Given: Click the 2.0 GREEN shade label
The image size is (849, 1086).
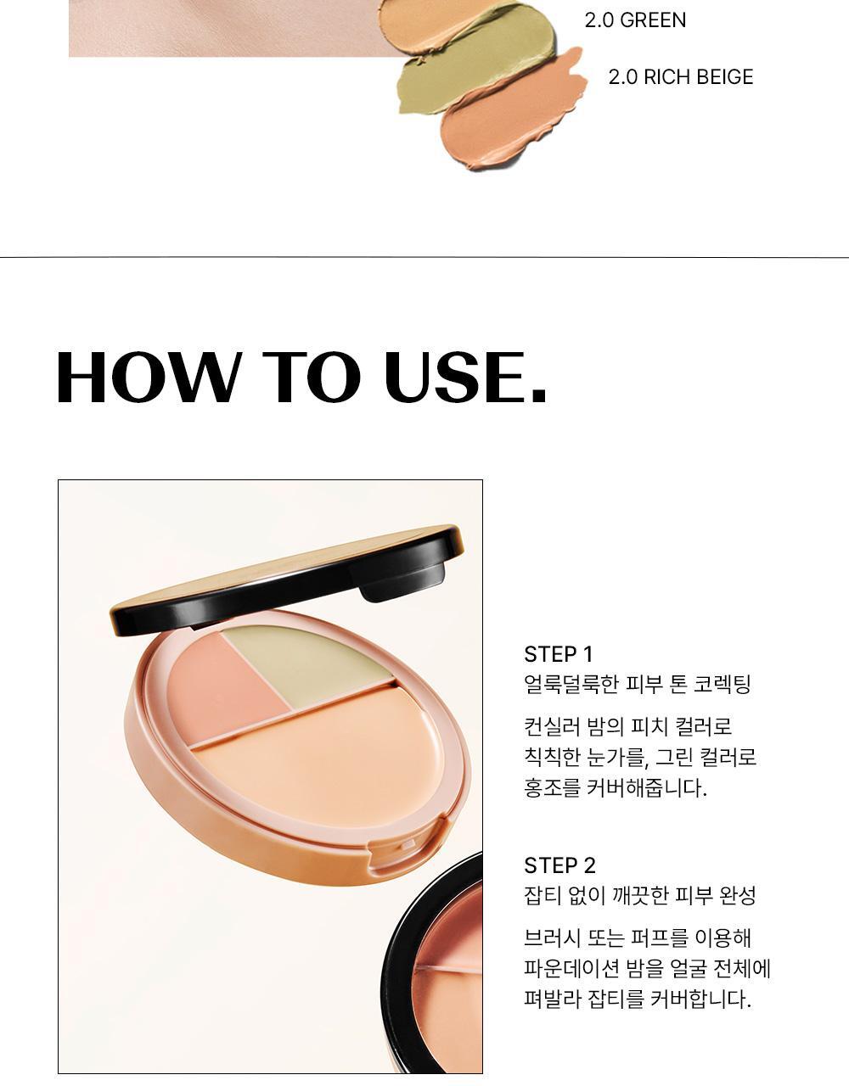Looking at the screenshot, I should pos(635,20).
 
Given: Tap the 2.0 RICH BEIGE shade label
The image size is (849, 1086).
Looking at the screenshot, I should pos(680,77).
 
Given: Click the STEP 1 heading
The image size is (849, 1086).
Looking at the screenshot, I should pos(558,654).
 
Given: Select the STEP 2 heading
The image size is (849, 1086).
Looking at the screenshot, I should pos(559,865).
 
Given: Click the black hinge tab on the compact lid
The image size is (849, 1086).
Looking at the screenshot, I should pos(402,582).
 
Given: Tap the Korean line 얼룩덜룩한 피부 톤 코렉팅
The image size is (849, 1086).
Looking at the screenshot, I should pos(637,685).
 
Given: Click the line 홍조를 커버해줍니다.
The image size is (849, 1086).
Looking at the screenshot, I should pos(615,788).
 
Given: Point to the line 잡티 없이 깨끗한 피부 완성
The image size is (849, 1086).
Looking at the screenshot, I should pos(639,895).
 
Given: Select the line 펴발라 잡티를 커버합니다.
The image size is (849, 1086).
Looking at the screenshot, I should pos(637,999).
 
